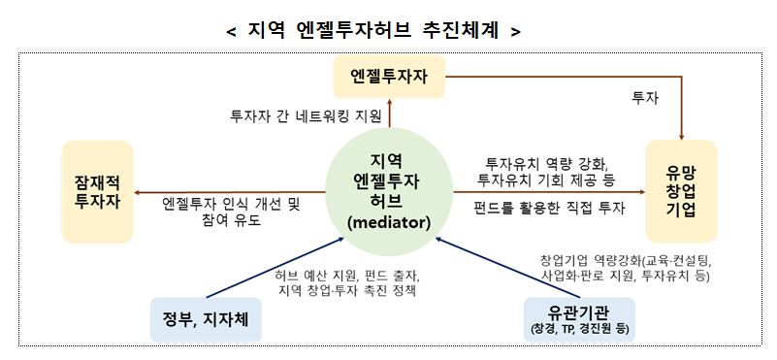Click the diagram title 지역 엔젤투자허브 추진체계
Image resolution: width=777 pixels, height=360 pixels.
(x=373, y=30)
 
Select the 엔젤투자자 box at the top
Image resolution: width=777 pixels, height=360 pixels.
(x=388, y=76)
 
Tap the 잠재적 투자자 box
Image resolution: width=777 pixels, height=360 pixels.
(x=96, y=191)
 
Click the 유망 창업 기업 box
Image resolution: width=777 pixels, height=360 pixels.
(x=680, y=191)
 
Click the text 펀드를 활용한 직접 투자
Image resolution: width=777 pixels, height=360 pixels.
(x=549, y=208)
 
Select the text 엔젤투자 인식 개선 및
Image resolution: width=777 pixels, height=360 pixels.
(x=233, y=204)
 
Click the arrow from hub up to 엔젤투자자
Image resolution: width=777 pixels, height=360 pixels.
(x=388, y=115)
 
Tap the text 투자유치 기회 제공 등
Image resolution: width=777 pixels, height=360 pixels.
(x=549, y=180)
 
